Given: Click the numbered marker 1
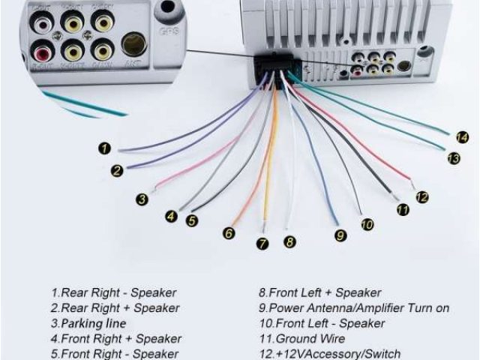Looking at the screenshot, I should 106,148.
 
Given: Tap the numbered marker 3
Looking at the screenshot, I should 142,199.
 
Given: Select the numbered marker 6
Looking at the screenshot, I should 229,233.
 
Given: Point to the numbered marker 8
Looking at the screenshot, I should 289,242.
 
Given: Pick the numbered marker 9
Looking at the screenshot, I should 340,235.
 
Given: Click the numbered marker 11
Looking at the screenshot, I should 403,210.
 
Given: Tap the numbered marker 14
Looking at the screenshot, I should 462,137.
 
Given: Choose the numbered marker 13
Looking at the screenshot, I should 453,158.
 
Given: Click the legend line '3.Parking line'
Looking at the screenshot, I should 88,323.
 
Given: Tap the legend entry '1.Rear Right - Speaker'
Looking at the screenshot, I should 113,292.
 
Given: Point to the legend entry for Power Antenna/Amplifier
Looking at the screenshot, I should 353,308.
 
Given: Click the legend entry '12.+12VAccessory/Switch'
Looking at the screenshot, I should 329,354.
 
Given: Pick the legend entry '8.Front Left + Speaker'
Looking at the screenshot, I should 319,292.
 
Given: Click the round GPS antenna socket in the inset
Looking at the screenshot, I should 133,43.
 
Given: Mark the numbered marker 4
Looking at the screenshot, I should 172,217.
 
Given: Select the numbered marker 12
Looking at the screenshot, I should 422,197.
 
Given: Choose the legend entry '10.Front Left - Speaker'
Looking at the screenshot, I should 322,323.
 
